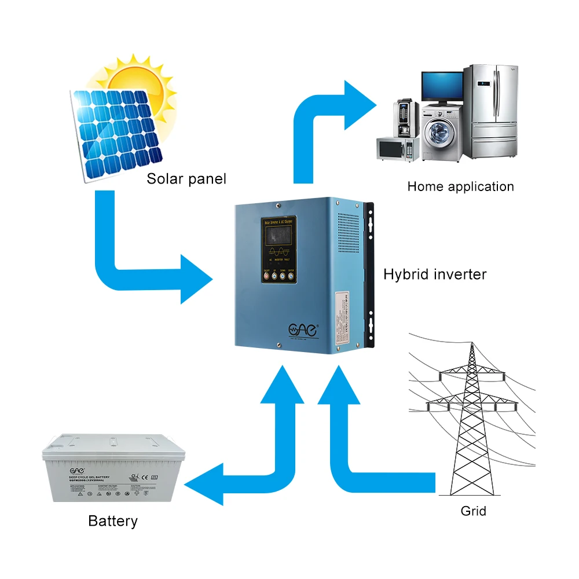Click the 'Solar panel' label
186,178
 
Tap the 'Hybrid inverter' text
435,274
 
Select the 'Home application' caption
460,186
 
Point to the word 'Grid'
473,511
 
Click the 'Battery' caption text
113,521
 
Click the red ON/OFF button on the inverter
267,276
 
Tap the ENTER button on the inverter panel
291,276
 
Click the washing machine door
440,133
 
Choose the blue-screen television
442,86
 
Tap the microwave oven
397,148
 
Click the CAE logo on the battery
58,470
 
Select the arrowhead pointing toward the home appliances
361,105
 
